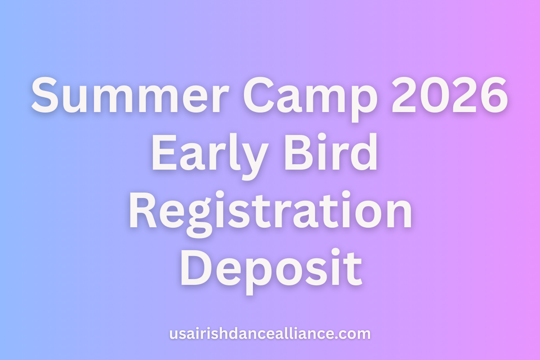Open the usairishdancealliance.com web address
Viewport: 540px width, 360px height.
(x=270, y=334)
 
